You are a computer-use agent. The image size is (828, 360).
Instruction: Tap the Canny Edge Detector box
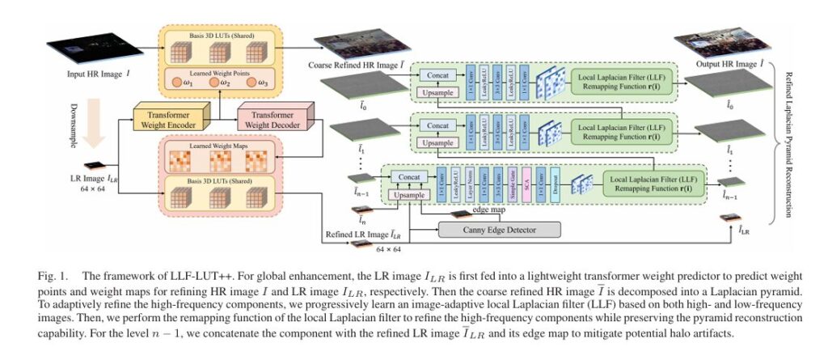499,230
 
